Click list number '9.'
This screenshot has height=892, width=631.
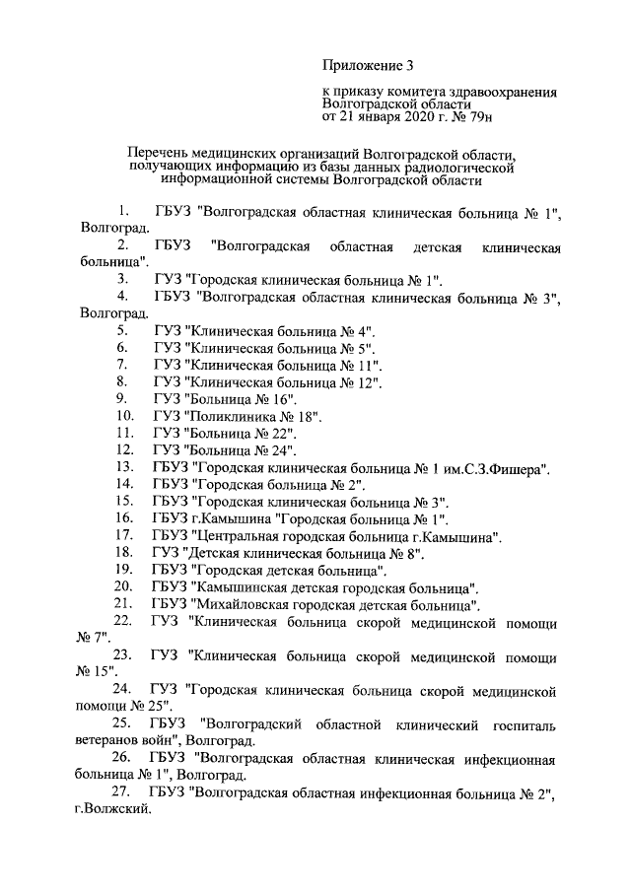pyautogui.click(x=123, y=398)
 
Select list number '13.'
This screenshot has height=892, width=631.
pyautogui.click(x=125, y=467)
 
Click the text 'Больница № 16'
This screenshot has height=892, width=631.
pyautogui.click(x=242, y=398)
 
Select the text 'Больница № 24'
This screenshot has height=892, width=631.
pyautogui.click(x=242, y=450)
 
